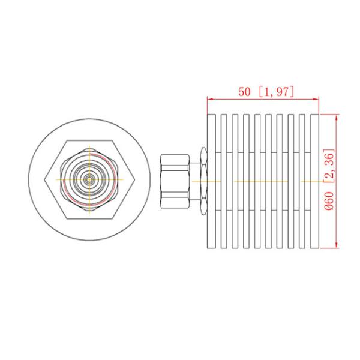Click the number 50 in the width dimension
(x=244, y=92)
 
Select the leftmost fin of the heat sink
(x=211, y=181)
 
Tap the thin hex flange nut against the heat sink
(x=203, y=180)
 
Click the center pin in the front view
(x=89, y=179)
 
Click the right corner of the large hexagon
(x=133, y=179)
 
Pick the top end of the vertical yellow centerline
(x=89, y=146)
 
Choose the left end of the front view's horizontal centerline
(x=58, y=179)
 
